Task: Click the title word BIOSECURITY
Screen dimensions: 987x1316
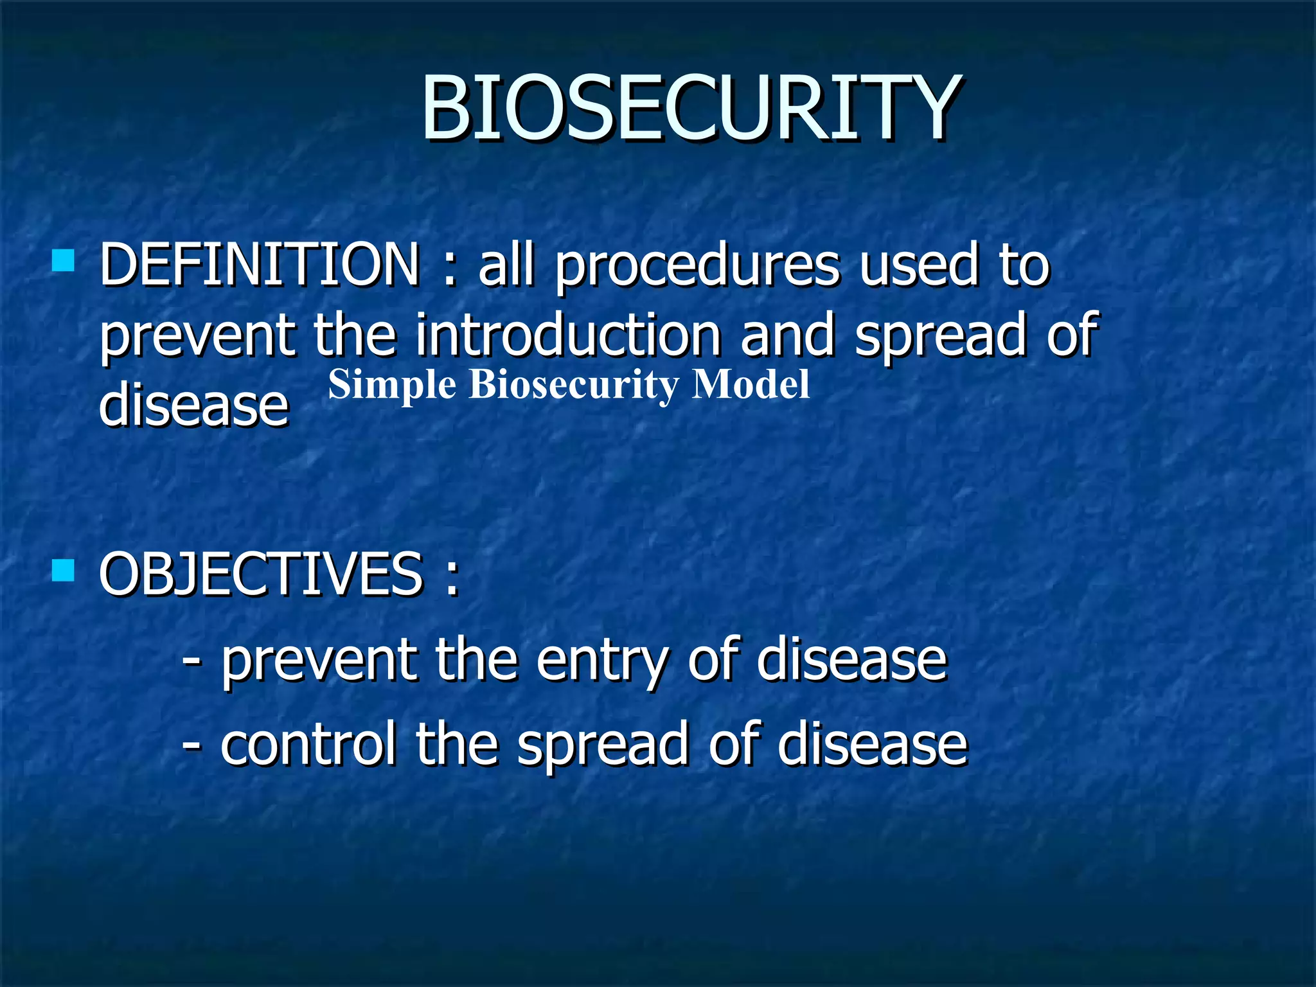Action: pyautogui.click(x=691, y=108)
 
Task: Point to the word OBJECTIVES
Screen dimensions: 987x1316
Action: pyautogui.click(x=260, y=574)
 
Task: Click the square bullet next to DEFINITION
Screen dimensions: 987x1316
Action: pyautogui.click(x=63, y=261)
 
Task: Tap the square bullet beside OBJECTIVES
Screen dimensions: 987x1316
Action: pyautogui.click(x=63, y=570)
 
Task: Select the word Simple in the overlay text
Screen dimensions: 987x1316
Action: pyautogui.click(x=392, y=386)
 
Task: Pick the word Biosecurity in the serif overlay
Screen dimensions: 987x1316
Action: pyautogui.click(x=573, y=386)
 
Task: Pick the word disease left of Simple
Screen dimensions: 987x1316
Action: pyautogui.click(x=193, y=405)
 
